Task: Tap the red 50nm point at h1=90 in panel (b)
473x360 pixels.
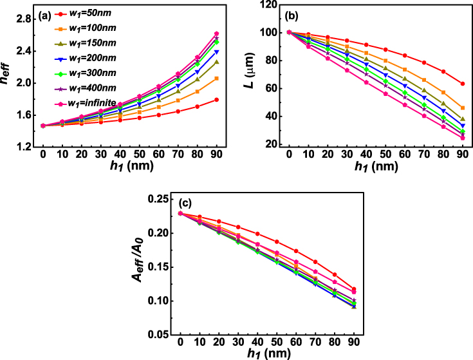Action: pyautogui.click(x=463, y=84)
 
